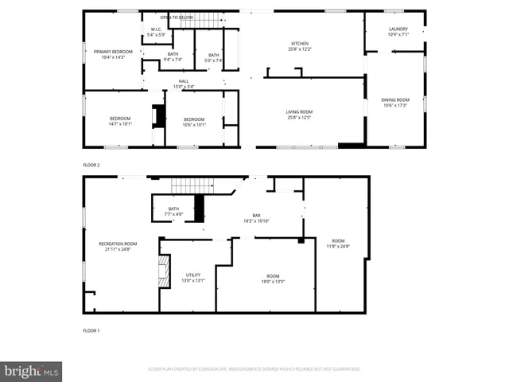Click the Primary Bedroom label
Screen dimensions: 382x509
[x=112, y=54]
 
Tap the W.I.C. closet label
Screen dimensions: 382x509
[x=156, y=33]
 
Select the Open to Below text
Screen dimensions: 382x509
[x=176, y=17]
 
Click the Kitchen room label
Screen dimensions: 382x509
[x=299, y=46]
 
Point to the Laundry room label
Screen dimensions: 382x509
[x=397, y=32]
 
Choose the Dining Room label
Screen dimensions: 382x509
[x=394, y=102]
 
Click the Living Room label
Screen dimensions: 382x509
[x=299, y=115]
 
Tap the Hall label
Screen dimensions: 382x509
[x=184, y=84]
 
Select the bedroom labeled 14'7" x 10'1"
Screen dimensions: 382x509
[x=120, y=121]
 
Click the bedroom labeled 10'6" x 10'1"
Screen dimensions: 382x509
[x=194, y=121]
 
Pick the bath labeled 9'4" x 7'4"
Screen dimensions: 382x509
[x=173, y=57]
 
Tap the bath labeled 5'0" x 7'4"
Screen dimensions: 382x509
[x=214, y=57]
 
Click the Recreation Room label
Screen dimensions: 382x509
[x=118, y=246]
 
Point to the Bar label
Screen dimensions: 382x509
[x=256, y=217]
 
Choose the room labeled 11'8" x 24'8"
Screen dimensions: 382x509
[x=338, y=243]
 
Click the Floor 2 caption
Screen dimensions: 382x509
[x=91, y=165]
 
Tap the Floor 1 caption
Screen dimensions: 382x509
[x=91, y=330]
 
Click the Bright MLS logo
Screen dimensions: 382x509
[x=32, y=372]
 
